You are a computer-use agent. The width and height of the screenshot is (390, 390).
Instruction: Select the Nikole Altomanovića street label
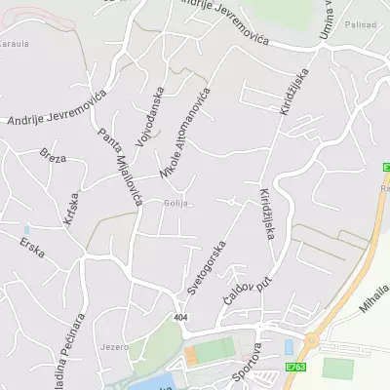185,133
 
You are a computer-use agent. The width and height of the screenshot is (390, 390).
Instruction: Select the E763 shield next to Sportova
296,367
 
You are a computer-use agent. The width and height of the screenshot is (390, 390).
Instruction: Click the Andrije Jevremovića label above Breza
56,116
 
